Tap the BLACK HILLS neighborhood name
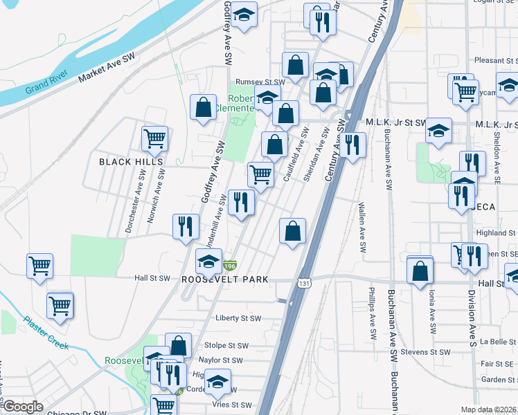(x=131, y=162)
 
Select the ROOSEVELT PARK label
(x=224, y=279)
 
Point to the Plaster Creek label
(x=48, y=333)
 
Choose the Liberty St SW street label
(x=238, y=319)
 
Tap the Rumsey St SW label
(x=260, y=82)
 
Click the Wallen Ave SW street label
(x=361, y=228)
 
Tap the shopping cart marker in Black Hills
(x=155, y=138)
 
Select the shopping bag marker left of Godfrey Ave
(x=203, y=108)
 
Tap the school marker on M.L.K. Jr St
(x=438, y=130)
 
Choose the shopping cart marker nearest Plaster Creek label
(x=60, y=305)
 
